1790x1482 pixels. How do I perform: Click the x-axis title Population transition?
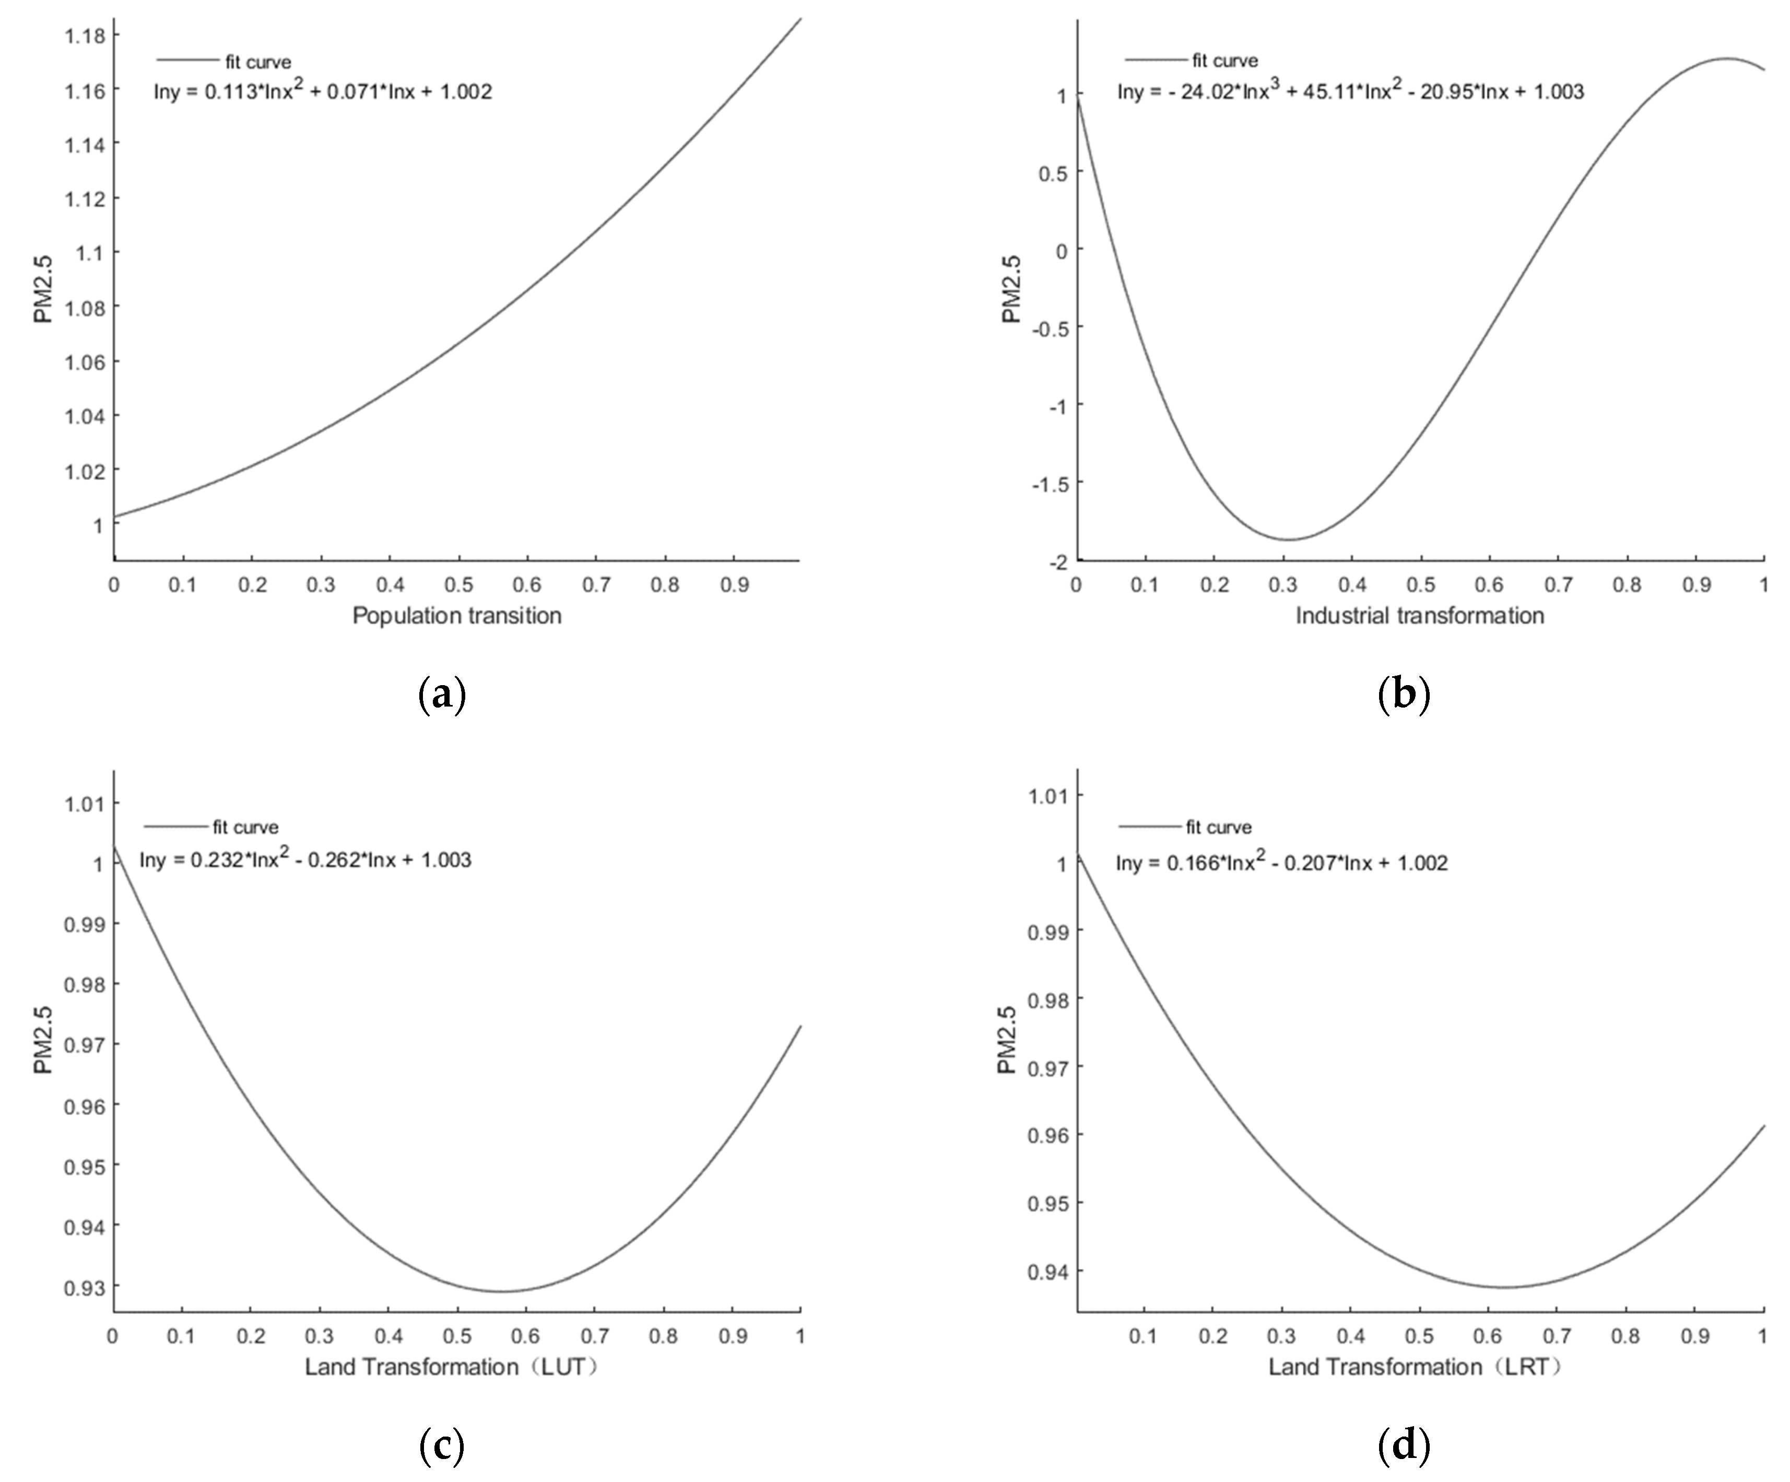pyautogui.click(x=457, y=615)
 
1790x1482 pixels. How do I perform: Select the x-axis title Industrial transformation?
pyautogui.click(x=1419, y=615)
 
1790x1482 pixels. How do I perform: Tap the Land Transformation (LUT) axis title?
pyautogui.click(x=452, y=1367)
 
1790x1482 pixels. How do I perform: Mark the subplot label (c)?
pyautogui.click(x=442, y=1445)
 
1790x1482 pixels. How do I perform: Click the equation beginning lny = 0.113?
pyautogui.click(x=322, y=91)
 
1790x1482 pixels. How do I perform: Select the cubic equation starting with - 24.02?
pyautogui.click(x=1350, y=91)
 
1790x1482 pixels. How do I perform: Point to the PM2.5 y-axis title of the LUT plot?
pyautogui.click(x=43, y=1041)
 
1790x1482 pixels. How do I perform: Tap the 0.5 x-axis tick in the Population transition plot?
pyautogui.click(x=458, y=585)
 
